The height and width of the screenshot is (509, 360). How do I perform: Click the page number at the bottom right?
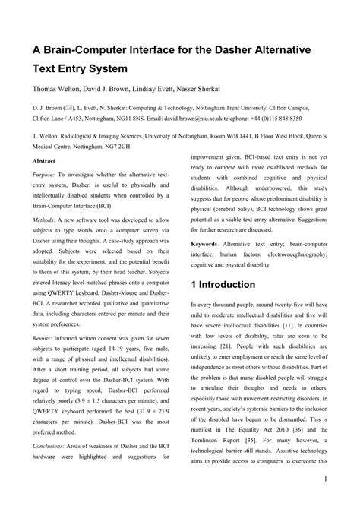point(324,500)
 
